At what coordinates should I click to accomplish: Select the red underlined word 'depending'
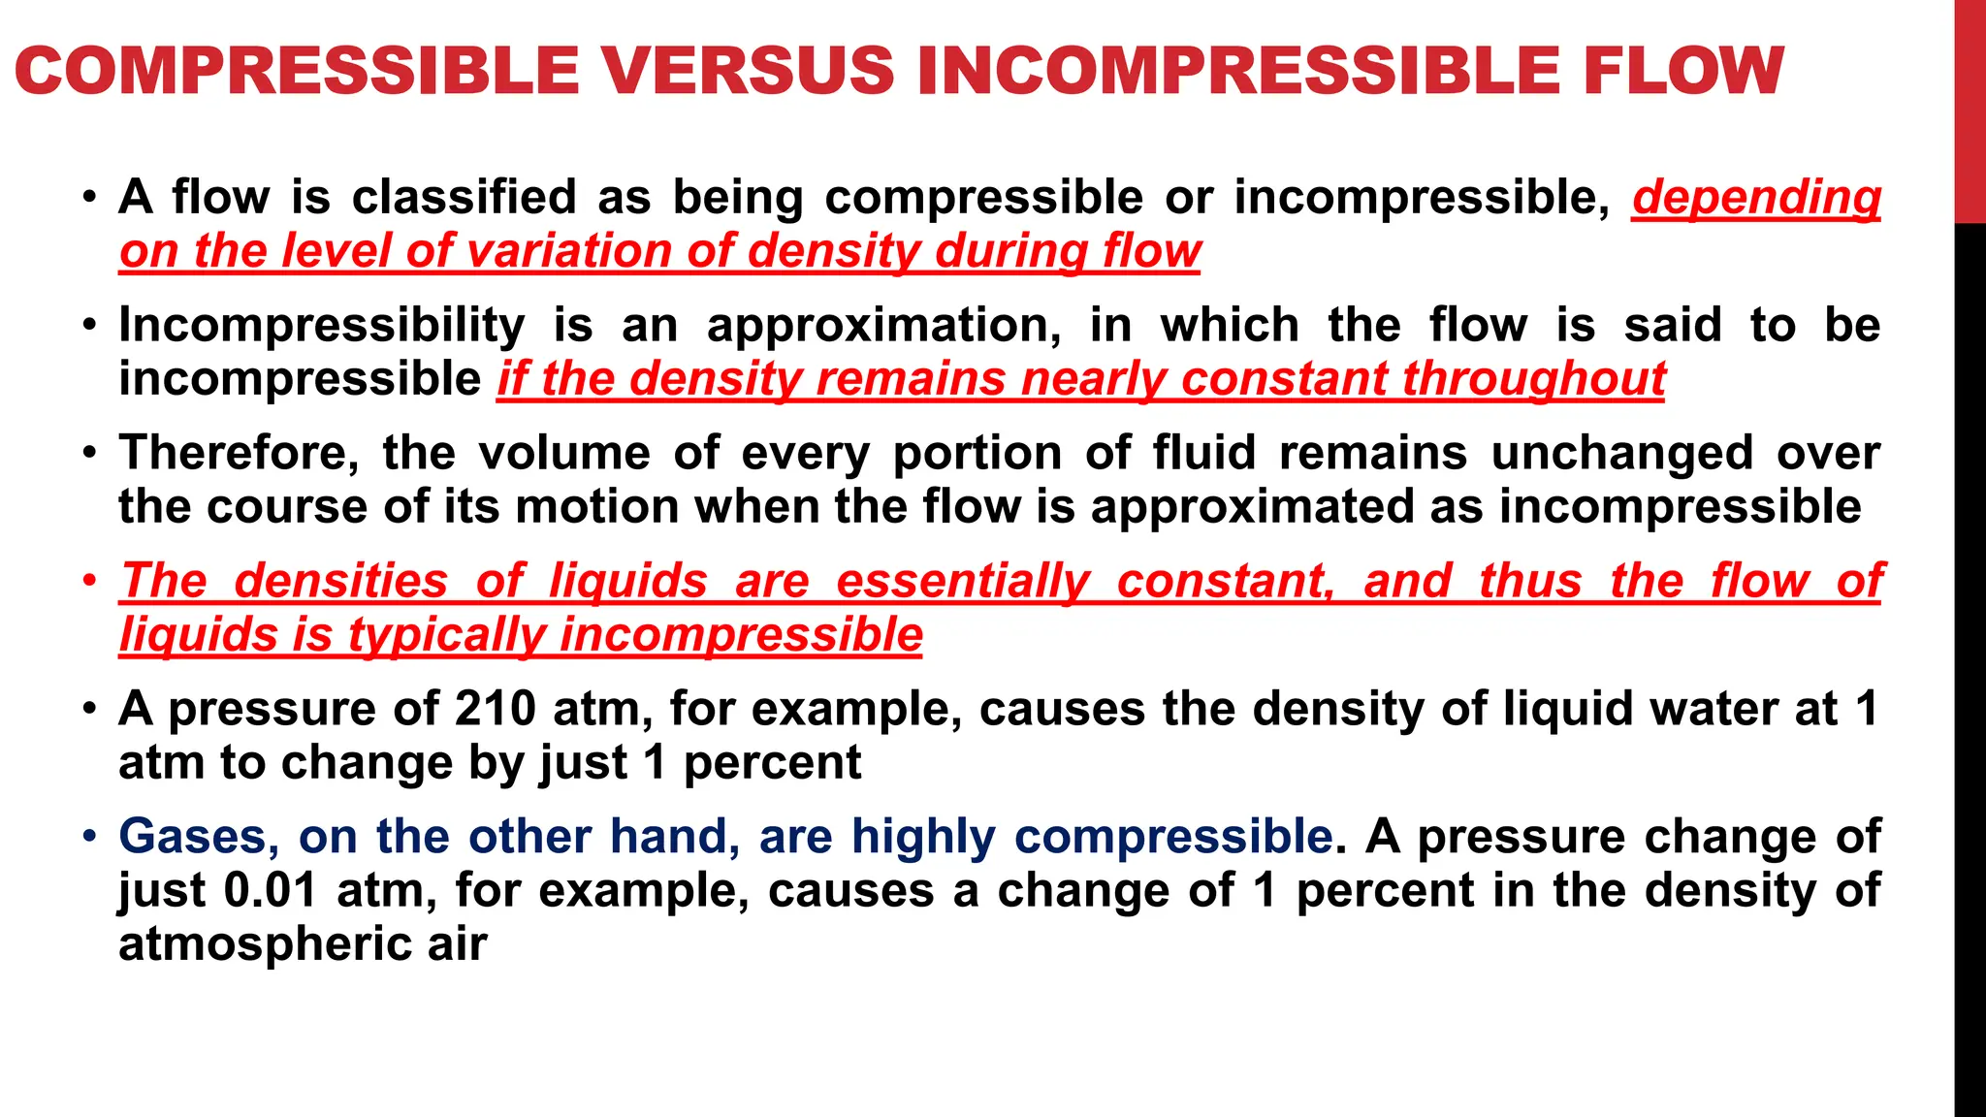pos(1756,198)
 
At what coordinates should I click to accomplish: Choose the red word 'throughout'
pos(1533,379)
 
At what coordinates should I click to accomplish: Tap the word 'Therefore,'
pos(239,453)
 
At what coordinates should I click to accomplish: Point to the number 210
pos(495,709)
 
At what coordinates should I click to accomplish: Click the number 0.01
pos(271,890)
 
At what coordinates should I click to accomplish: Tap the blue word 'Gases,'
pos(200,836)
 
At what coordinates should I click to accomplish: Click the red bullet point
pos(89,581)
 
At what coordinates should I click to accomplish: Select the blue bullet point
pos(89,836)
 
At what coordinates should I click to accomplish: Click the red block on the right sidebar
pos(1970,112)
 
